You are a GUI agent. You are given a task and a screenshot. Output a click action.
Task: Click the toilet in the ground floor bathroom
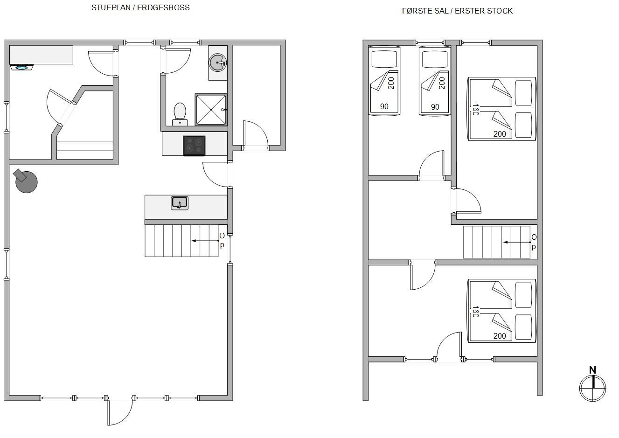click(x=180, y=114)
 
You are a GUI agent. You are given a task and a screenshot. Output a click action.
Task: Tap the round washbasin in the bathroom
click(x=217, y=63)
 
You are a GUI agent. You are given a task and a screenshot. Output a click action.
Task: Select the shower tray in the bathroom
click(x=211, y=110)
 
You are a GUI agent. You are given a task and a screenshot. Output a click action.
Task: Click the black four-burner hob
click(x=194, y=146)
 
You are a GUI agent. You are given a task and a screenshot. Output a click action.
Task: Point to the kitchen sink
click(x=180, y=203)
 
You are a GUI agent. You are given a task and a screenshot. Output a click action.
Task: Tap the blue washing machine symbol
click(x=22, y=67)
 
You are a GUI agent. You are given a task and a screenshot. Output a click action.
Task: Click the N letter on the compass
click(x=592, y=370)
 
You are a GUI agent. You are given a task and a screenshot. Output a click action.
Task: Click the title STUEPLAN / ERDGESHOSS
click(x=140, y=8)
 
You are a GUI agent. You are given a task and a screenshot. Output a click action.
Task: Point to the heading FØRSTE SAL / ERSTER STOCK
click(x=457, y=11)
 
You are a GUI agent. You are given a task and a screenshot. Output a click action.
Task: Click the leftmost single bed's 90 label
click(x=384, y=106)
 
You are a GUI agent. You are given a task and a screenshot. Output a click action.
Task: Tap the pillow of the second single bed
click(x=435, y=59)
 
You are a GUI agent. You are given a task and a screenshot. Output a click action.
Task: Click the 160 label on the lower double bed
click(x=475, y=312)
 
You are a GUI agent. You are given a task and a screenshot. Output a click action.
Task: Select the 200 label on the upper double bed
click(x=500, y=134)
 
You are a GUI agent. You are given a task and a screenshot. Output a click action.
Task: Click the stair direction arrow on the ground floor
click(x=206, y=241)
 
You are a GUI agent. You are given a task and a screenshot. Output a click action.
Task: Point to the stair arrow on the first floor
click(x=517, y=243)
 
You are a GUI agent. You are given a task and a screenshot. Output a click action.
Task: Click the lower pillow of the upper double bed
click(x=523, y=125)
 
